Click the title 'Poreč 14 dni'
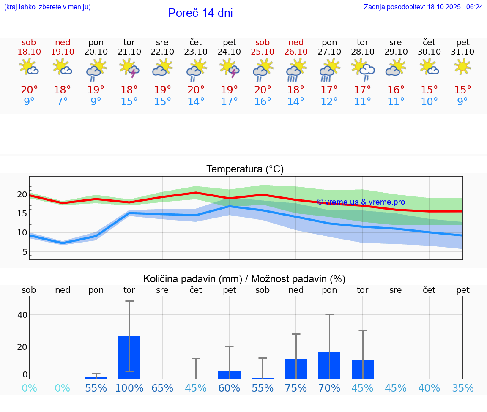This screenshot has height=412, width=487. point(200,13)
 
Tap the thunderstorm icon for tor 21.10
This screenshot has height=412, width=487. point(129,68)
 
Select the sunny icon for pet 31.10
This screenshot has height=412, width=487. point(462,67)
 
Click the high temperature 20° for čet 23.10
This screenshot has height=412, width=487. point(196,90)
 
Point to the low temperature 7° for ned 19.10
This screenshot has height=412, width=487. point(63,102)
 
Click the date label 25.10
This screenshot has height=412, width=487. point(263,52)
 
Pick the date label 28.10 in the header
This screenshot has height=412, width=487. point(363,52)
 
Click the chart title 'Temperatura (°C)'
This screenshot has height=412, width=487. point(245,169)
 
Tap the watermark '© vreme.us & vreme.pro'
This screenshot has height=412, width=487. point(361,202)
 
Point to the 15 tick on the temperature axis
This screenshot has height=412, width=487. point(22,213)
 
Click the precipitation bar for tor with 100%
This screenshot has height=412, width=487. point(129,357)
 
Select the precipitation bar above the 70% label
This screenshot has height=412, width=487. point(329,366)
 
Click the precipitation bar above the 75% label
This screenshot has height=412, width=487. point(296,369)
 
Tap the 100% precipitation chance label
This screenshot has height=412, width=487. point(129,388)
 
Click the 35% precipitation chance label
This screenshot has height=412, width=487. point(462,388)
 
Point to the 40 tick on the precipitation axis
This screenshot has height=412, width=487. point(22,315)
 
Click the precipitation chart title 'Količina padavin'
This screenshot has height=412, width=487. point(244,279)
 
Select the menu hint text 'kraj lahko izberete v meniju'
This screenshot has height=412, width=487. point(47,7)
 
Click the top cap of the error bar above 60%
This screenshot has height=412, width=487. point(229,347)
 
